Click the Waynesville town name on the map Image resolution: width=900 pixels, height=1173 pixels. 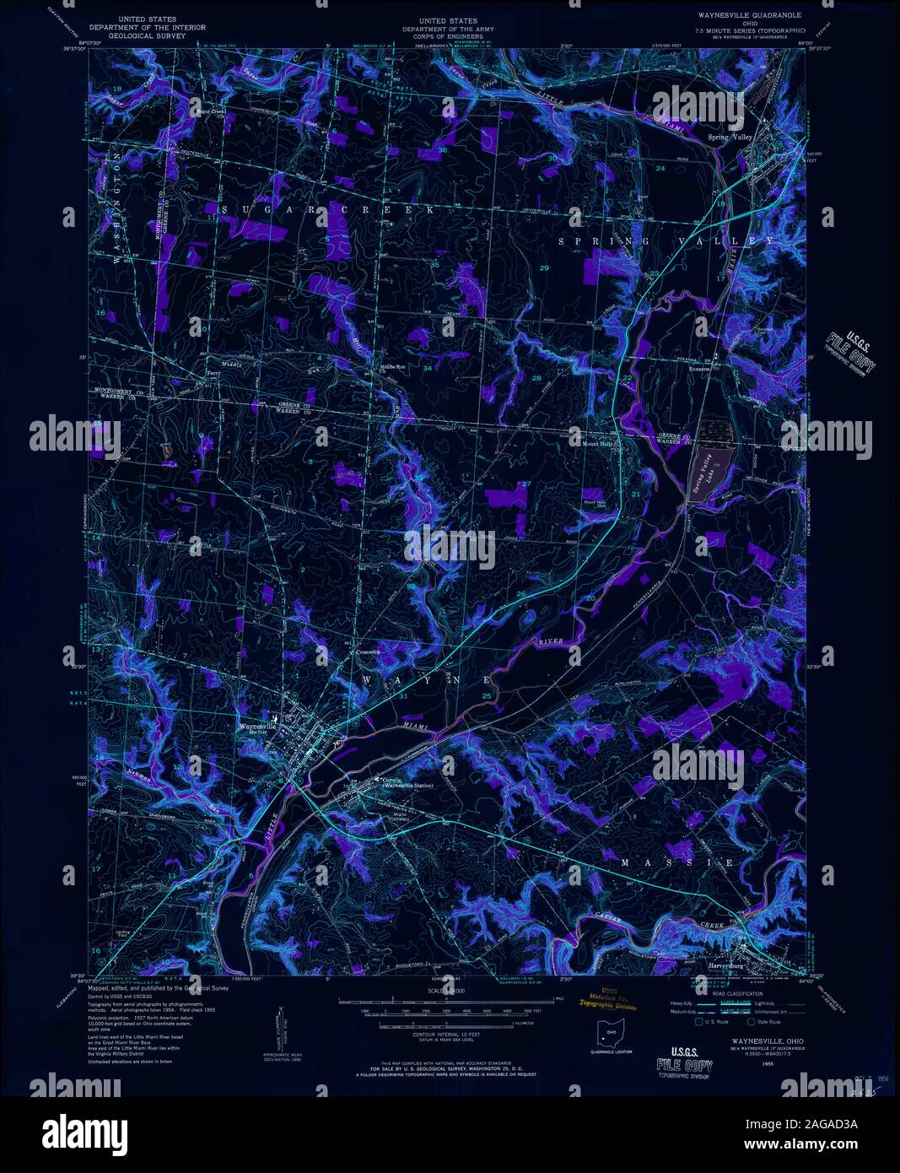coord(258,725)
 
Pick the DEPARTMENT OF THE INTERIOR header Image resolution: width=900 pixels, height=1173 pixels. coord(148,28)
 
